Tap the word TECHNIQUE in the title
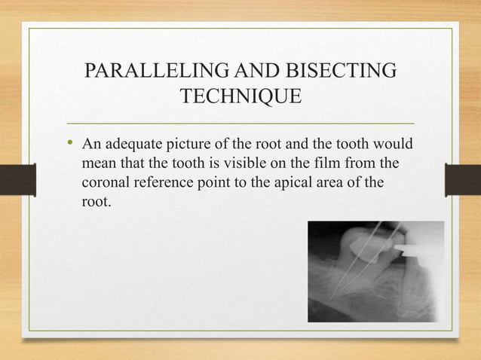tap(240, 98)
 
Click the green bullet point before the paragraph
tap(71, 143)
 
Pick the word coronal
tap(106, 183)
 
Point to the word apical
tap(302, 183)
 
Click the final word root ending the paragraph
tap(94, 203)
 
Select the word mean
tap(98, 163)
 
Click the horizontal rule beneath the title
tap(240, 123)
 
